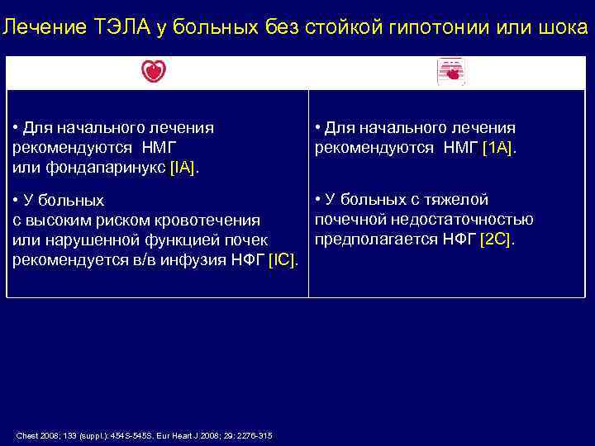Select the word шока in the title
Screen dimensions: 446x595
click(563, 28)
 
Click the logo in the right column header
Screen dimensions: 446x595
click(451, 73)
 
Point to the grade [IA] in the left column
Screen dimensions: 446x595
click(183, 168)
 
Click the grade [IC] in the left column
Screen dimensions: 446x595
click(283, 260)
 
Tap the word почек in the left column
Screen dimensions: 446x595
click(246, 240)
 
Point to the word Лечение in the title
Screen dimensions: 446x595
click(36, 28)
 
